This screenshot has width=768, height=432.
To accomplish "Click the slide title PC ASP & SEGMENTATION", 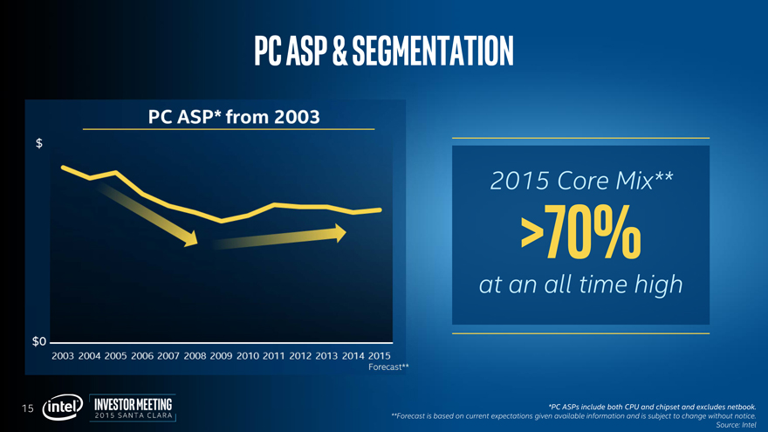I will pyautogui.click(x=384, y=50).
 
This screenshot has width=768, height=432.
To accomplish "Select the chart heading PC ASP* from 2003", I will pyautogui.click(x=229, y=115).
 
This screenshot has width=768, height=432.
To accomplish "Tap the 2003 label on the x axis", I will pyautogui.click(x=63, y=356).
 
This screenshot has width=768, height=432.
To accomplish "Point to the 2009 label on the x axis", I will pyautogui.click(x=221, y=356).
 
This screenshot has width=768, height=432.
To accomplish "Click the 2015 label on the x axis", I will pyautogui.click(x=379, y=356).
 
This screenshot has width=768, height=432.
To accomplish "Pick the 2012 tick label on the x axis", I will pyautogui.click(x=300, y=356).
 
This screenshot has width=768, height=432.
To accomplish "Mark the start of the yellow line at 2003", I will pyautogui.click(x=62, y=166).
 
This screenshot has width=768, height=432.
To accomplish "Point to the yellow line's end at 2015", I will pyautogui.click(x=380, y=209).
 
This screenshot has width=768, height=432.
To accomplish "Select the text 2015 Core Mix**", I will pyautogui.click(x=581, y=181).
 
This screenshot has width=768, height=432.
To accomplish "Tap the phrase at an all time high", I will pyautogui.click(x=581, y=285).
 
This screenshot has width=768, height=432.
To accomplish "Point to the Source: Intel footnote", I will pyautogui.click(x=735, y=425).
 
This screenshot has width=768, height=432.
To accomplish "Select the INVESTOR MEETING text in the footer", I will pyautogui.click(x=133, y=403).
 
